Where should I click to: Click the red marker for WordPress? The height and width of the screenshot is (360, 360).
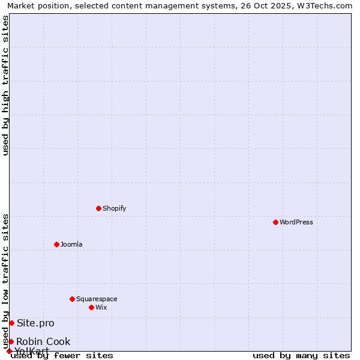(x=275, y=222)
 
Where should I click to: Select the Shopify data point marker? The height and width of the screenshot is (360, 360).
(x=98, y=208)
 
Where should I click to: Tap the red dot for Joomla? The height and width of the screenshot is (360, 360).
(x=56, y=244)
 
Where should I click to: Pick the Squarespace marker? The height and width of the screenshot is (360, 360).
(x=72, y=299)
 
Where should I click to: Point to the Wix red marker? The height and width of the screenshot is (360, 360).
(x=91, y=307)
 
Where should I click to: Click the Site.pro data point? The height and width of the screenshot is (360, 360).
(x=11, y=323)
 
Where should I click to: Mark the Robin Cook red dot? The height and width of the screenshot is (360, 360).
(x=11, y=341)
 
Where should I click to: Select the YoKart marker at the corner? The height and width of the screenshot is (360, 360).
(x=9, y=351)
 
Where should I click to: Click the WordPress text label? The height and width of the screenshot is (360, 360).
(x=296, y=222)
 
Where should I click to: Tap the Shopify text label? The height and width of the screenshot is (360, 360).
(x=115, y=208)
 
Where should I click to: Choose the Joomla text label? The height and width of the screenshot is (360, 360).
(x=71, y=244)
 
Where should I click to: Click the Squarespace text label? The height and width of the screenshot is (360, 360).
(x=97, y=299)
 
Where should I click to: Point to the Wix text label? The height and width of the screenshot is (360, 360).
(x=101, y=307)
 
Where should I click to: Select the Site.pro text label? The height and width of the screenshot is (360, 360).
(x=35, y=323)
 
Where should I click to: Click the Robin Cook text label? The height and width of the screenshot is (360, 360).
(x=43, y=341)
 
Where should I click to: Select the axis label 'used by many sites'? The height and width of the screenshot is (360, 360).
(x=301, y=355)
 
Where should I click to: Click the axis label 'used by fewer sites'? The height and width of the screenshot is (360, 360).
(x=62, y=355)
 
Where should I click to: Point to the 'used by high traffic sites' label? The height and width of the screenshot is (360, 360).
(x=5, y=85)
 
